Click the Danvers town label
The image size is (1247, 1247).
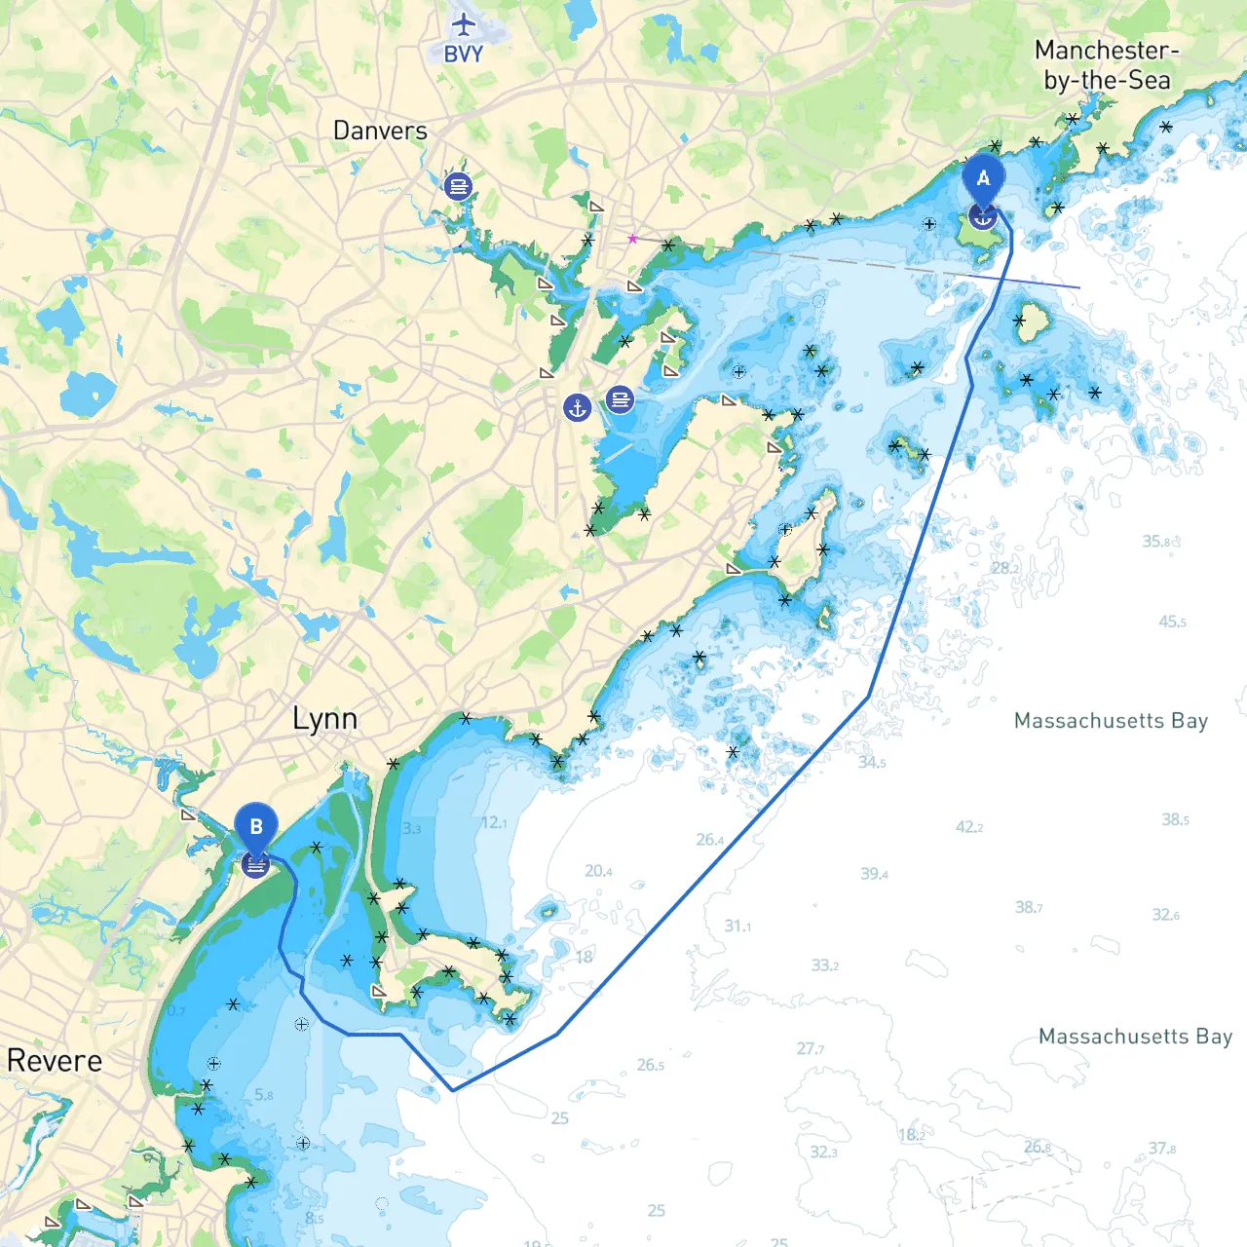click(380, 131)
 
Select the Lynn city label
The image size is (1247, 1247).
click(324, 720)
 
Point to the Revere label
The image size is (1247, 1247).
click(55, 1061)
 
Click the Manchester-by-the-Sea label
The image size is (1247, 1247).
click(1107, 65)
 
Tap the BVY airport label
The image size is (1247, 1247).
click(464, 55)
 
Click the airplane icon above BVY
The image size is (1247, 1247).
click(464, 24)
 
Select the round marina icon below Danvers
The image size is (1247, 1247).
click(458, 185)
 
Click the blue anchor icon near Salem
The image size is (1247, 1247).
click(578, 407)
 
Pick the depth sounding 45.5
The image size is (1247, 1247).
click(1172, 622)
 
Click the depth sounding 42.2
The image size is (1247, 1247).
click(968, 827)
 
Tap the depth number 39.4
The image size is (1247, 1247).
click(874, 874)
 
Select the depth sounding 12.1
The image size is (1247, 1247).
click(493, 823)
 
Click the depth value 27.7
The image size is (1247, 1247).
click(810, 1048)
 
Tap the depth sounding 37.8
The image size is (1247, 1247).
click(1161, 1149)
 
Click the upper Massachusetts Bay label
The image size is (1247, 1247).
click(1111, 721)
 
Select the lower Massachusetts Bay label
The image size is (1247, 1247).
click(1135, 1037)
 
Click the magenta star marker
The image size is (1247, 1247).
click(632, 239)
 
